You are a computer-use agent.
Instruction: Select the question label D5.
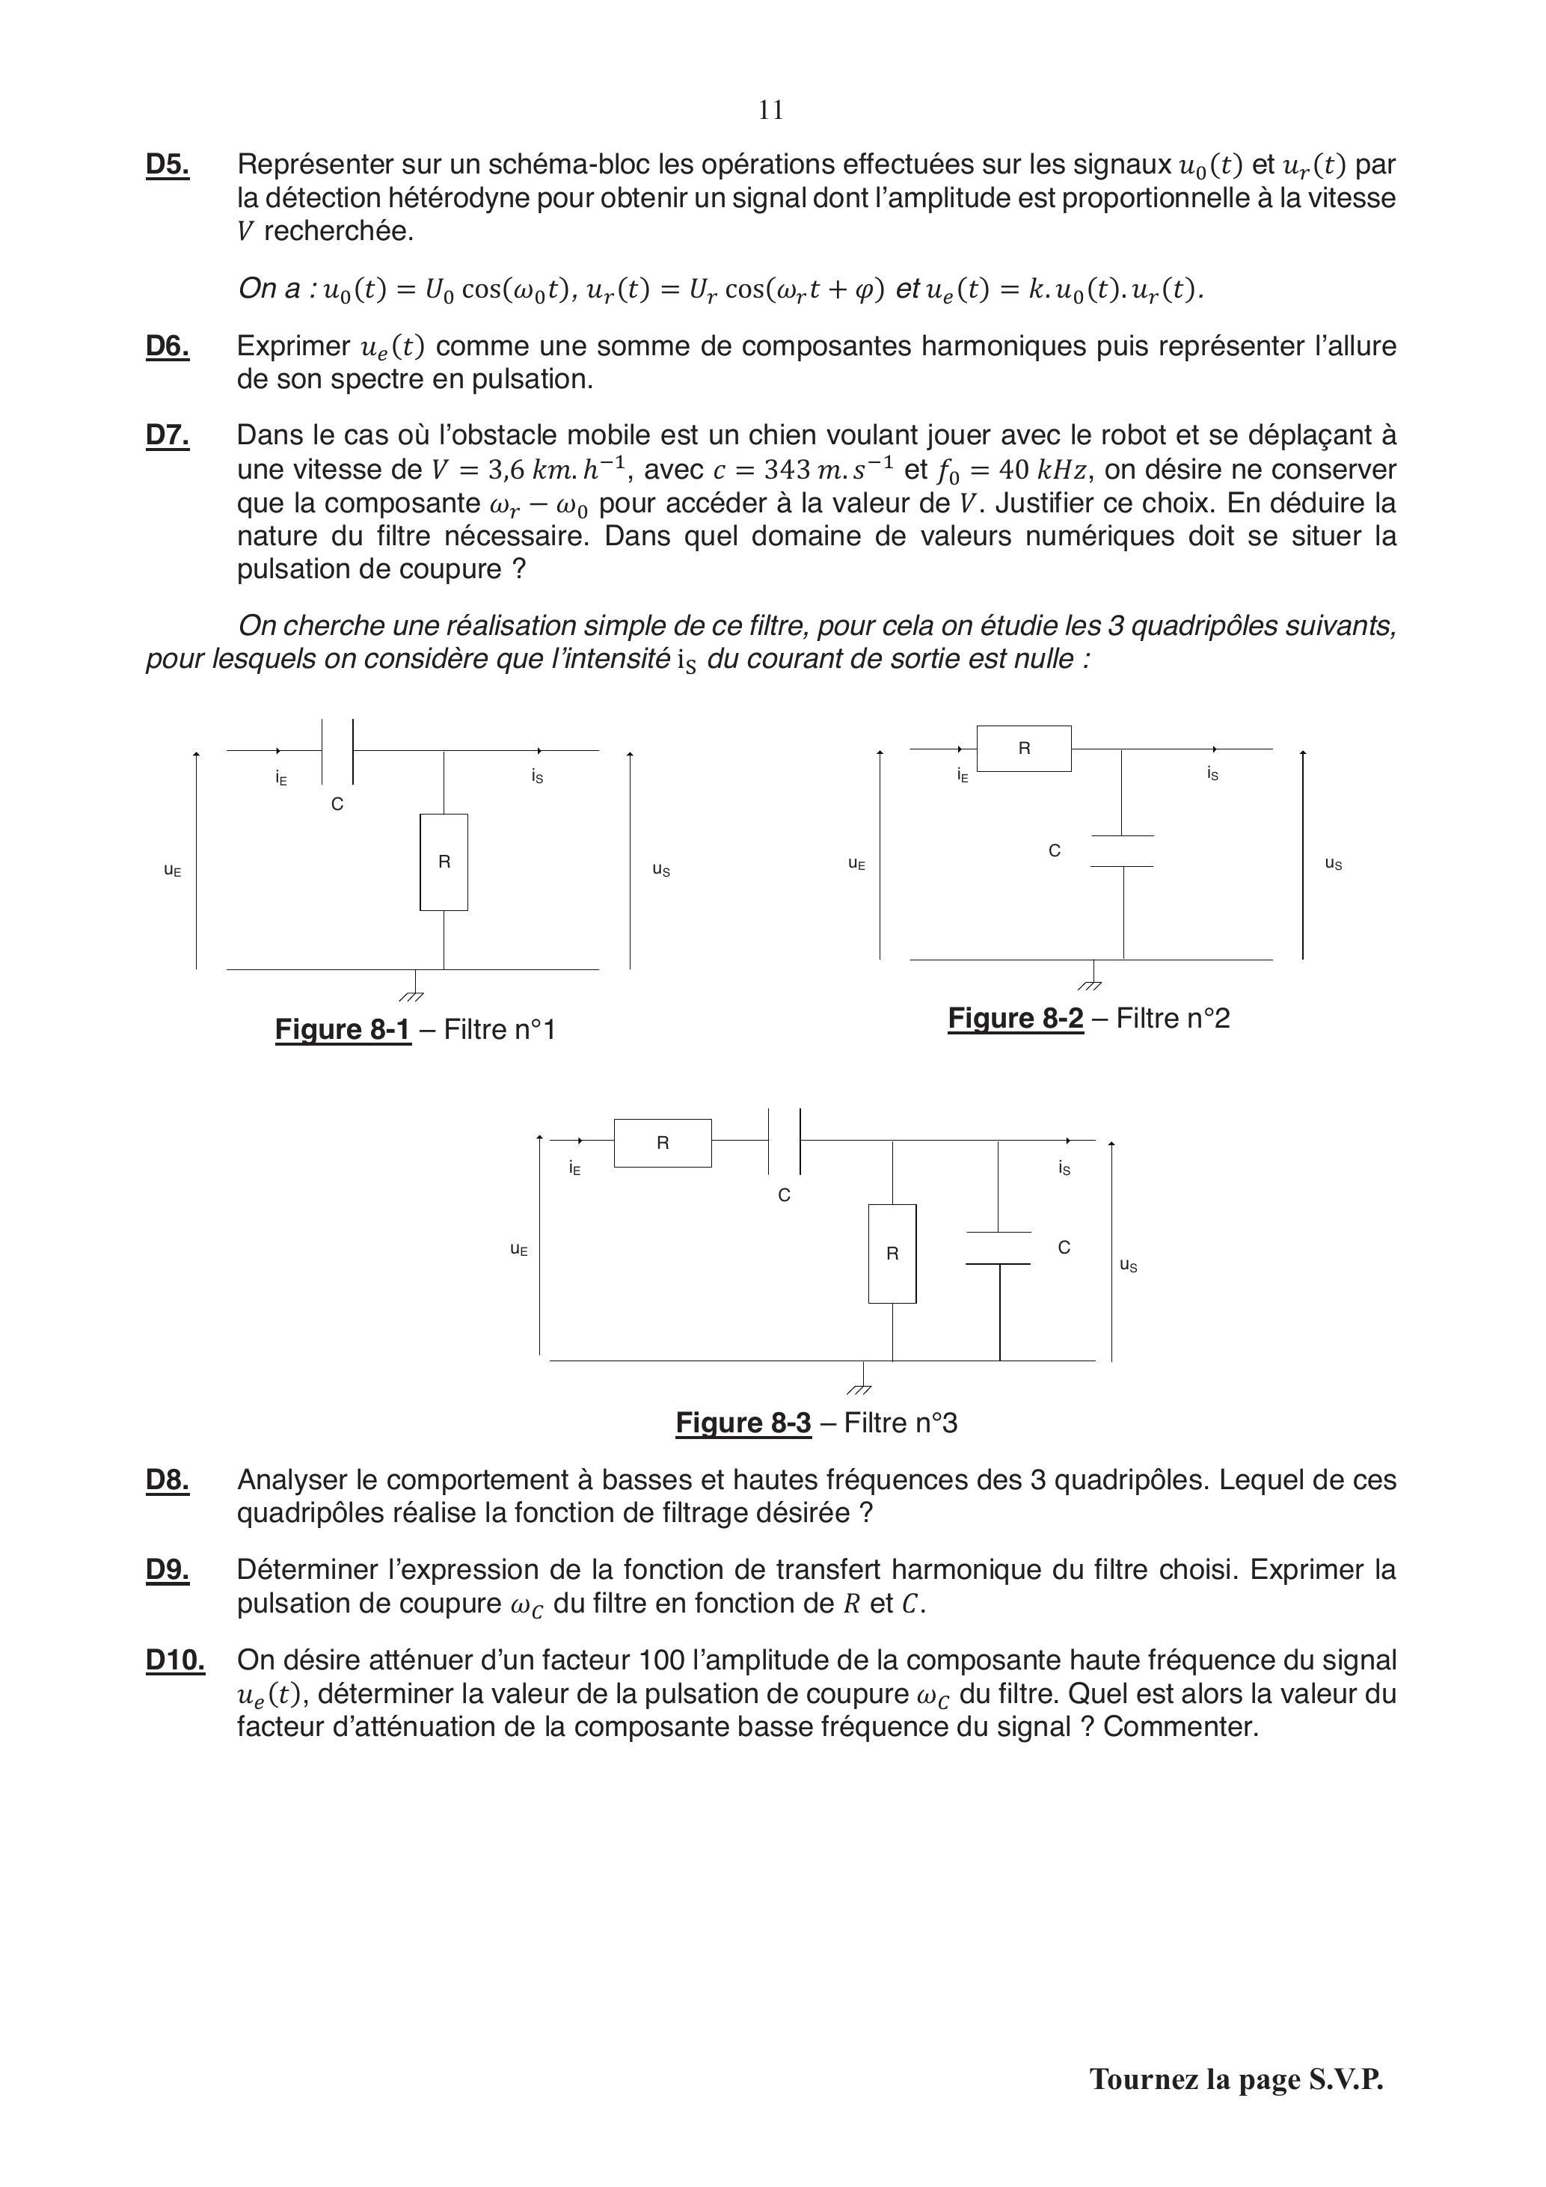pos(167,165)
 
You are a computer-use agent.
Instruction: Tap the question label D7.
pos(167,435)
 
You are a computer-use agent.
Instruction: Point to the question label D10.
pos(174,1659)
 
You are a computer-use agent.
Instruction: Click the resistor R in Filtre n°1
pos(444,862)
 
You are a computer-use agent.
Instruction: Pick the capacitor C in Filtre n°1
pos(337,751)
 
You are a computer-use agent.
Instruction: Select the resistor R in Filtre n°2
pos(1024,749)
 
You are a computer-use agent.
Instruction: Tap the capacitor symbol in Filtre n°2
pos(1122,852)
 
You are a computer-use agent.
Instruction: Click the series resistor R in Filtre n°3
pos(663,1143)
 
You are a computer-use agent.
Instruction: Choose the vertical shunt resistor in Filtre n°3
pos(892,1254)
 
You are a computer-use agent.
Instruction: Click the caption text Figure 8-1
pos(343,1030)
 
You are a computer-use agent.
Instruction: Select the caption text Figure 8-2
pos(1016,1018)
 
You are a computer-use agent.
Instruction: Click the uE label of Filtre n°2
pos(856,864)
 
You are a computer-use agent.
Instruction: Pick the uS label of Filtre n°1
pos(661,870)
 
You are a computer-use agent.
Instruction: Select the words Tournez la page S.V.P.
pos(1236,2079)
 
